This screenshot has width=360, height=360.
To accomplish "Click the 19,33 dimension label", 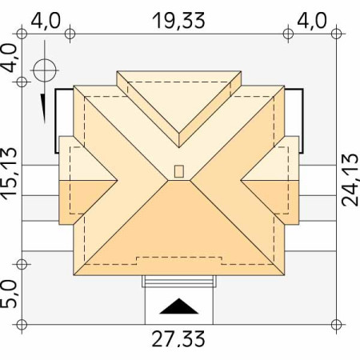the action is click(x=178, y=21).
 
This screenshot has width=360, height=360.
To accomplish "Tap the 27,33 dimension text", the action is click(x=178, y=339).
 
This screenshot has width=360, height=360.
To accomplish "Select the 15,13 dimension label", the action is click(x=10, y=174).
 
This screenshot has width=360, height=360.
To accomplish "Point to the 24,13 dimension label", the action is click(x=350, y=180).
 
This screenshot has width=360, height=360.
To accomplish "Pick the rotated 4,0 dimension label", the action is click(x=9, y=58).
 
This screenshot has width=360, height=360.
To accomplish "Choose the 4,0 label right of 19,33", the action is click(x=312, y=21).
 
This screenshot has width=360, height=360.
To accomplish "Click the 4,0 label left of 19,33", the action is click(x=46, y=21).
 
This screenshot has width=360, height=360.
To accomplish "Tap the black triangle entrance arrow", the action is click(x=179, y=306).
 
